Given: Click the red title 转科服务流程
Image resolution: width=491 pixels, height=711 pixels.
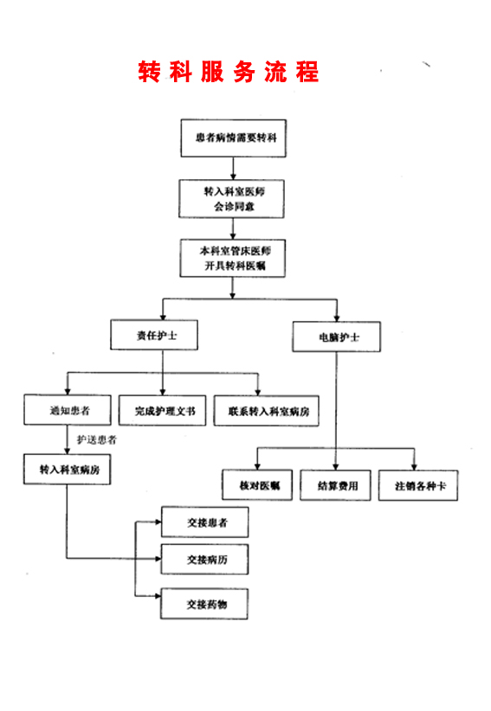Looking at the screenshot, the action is [x=229, y=72].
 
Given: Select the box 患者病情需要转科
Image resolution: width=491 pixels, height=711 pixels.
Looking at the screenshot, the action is [x=234, y=138].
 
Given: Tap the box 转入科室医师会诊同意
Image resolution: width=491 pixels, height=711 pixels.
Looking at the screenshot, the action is [x=231, y=199].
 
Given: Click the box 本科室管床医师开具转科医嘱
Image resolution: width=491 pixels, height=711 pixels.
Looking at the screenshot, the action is [x=233, y=258].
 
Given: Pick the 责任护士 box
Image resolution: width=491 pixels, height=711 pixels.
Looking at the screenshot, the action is [x=154, y=335].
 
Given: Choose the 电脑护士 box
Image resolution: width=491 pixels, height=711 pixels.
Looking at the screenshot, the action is [x=337, y=337].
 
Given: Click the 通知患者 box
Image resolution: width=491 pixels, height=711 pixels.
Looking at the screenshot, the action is [x=68, y=410].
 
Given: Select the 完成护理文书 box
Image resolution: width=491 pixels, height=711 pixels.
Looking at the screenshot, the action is [x=163, y=411].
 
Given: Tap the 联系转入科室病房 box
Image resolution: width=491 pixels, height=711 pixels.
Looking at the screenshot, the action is [x=267, y=411].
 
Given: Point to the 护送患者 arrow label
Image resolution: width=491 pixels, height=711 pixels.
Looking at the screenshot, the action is [x=97, y=440].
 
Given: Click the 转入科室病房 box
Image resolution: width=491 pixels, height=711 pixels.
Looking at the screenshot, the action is [x=68, y=470].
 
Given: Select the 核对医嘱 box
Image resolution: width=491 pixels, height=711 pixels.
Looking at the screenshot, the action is [x=257, y=485].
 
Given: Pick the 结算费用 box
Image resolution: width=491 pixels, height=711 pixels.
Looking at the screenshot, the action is [x=336, y=485].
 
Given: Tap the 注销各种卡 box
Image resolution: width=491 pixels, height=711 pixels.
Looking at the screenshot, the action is [x=418, y=485].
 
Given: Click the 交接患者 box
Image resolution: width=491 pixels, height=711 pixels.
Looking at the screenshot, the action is [x=205, y=522].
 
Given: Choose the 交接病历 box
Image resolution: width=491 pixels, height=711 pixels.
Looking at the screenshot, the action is [x=204, y=560].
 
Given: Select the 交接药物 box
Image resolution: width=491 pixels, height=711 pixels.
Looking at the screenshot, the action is [x=204, y=604].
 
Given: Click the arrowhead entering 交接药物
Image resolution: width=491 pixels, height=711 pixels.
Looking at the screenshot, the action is [x=158, y=596].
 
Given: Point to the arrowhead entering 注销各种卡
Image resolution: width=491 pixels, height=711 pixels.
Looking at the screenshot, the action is [x=414, y=467].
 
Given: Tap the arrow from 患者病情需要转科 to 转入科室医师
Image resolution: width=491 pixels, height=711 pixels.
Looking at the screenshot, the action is [x=233, y=169].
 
